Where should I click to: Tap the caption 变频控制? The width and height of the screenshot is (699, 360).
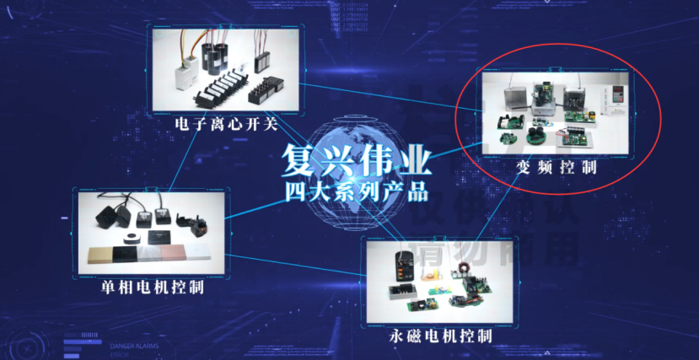(556, 167)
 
